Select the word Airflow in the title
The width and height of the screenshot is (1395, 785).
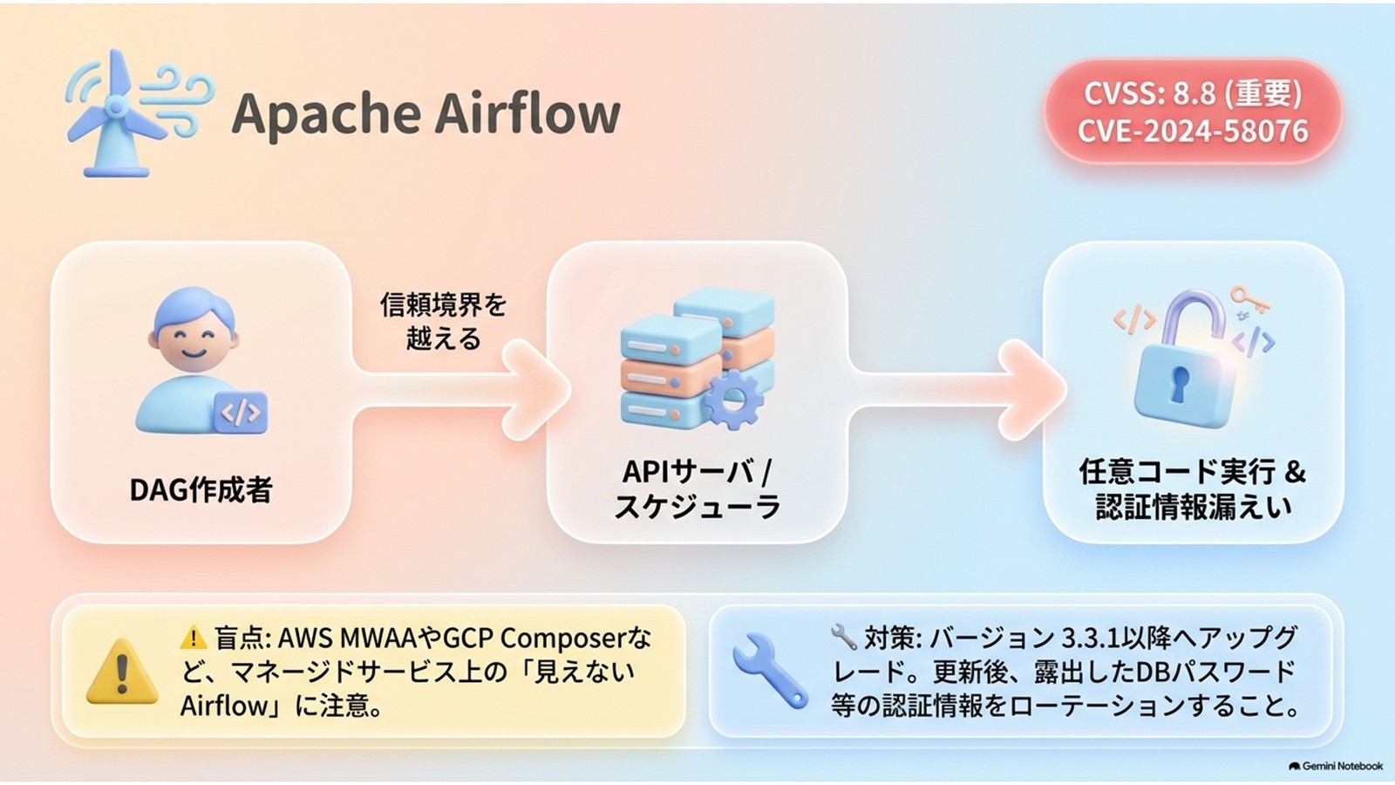point(528,113)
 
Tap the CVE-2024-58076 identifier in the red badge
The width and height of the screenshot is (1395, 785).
point(1193,131)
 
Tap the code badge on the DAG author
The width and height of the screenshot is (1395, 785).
point(241,413)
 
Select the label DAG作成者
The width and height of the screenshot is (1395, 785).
point(201,489)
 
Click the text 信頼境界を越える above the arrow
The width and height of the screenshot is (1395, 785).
point(444,322)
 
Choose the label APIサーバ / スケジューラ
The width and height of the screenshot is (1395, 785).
point(697,488)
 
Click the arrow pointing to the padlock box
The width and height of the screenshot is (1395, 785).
point(958,390)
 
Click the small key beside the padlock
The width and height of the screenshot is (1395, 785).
point(1249,299)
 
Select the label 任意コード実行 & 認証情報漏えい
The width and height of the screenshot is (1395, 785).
point(1193,488)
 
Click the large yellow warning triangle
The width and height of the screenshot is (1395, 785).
point(122,672)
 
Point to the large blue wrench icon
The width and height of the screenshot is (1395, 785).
point(770,671)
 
